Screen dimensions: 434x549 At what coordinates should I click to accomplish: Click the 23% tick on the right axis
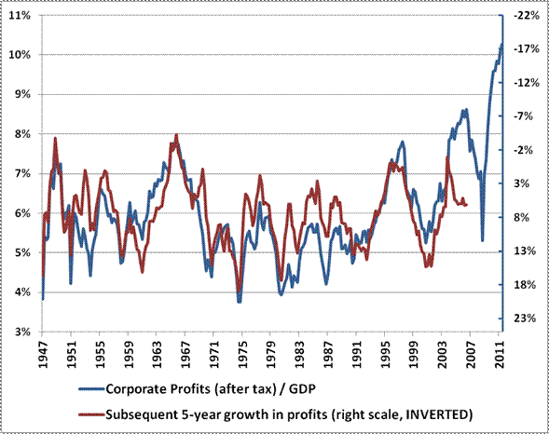point(525,319)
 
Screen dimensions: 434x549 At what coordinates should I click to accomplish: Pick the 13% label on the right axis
point(525,251)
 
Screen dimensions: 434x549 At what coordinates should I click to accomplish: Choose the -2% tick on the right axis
point(525,150)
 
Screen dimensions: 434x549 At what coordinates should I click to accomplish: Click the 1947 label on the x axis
point(44,353)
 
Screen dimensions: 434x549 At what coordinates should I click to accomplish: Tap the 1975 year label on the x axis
point(242,353)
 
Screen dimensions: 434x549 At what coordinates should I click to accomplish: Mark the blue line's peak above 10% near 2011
point(501,44)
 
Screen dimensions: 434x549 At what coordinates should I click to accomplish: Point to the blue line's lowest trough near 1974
point(240,302)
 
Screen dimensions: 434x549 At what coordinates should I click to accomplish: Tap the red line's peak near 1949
point(55,139)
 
